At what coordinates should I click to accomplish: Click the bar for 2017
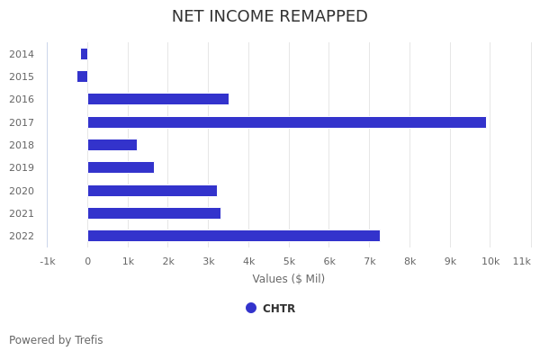(x=286, y=122)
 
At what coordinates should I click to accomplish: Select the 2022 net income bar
(x=233, y=236)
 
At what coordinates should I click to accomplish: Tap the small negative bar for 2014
(x=84, y=54)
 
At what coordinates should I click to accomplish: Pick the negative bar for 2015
(x=82, y=76)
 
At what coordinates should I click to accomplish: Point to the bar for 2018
(x=112, y=145)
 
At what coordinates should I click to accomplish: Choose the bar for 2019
(x=121, y=167)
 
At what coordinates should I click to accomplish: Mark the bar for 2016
(x=157, y=99)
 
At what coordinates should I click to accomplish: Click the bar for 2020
(x=152, y=191)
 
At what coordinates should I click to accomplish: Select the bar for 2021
(x=154, y=213)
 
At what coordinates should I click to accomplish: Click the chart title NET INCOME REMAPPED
(x=270, y=16)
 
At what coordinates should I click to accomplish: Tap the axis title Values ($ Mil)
(x=288, y=279)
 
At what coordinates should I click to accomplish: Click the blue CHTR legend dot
(x=251, y=308)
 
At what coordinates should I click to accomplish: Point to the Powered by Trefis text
(x=56, y=340)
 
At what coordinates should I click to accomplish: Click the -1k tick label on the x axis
(x=48, y=261)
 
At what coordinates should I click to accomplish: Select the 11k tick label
(x=522, y=261)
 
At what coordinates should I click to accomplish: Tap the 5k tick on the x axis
(x=289, y=261)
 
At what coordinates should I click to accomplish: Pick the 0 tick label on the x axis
(x=87, y=261)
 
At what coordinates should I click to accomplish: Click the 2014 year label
(x=22, y=54)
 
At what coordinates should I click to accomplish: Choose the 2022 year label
(x=22, y=236)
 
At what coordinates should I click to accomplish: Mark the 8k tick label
(x=409, y=261)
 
